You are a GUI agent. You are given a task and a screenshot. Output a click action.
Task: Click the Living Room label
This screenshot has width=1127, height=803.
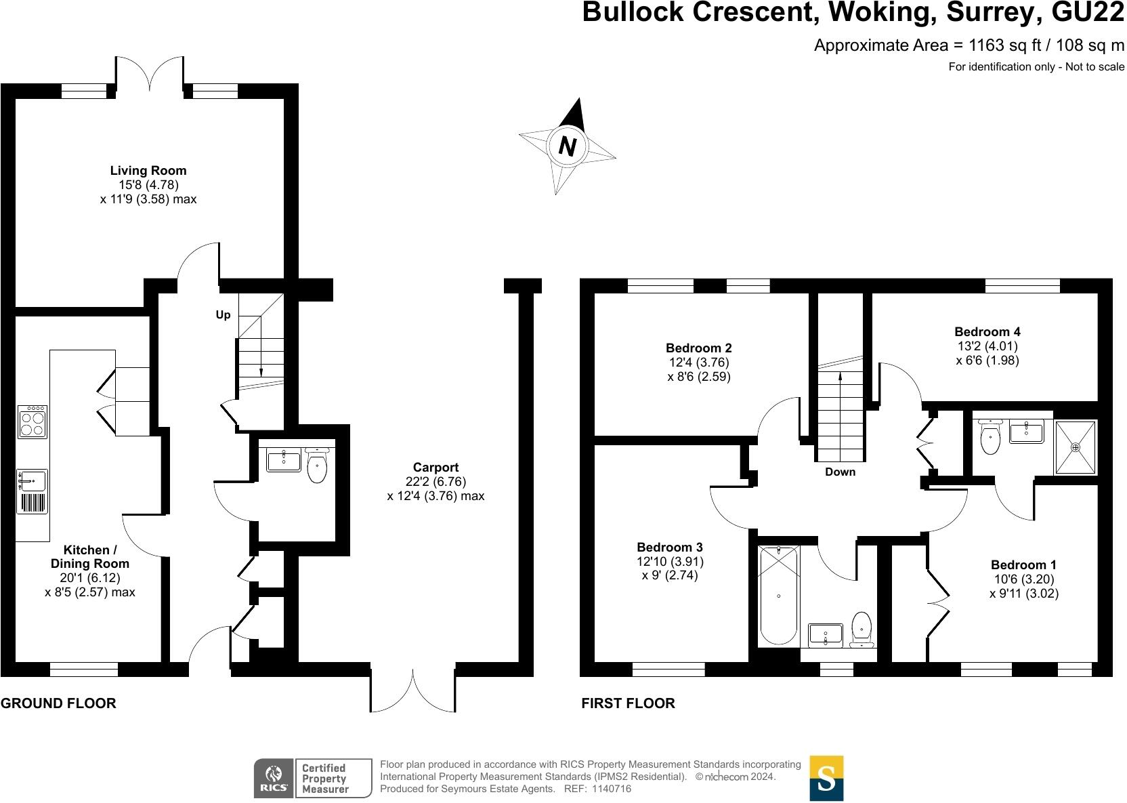pos(148,171)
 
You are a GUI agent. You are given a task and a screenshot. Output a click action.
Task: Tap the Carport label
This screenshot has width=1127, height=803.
pos(435,467)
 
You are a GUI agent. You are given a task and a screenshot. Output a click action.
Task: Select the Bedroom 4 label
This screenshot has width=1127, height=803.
pos(987,332)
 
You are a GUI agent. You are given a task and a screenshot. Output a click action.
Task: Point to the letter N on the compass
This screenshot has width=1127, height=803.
pos(568,146)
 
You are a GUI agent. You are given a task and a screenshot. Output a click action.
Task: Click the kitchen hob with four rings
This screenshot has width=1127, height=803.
pos(33,422)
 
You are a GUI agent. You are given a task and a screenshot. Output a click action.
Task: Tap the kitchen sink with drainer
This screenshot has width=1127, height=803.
pos(33,491)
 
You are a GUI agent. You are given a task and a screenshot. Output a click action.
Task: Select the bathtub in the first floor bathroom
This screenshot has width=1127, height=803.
pos(778,595)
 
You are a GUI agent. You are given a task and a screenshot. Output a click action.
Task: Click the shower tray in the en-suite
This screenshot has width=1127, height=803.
pos(1075,447)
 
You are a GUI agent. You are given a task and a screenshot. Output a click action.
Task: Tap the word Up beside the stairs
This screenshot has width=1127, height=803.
pos(223,314)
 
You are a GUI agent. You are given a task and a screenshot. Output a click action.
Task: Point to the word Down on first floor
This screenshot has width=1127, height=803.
pos(841,472)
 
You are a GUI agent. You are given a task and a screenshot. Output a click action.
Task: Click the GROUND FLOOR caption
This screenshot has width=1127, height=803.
pos(58,703)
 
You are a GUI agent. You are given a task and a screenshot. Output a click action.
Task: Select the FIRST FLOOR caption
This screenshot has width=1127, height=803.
pos(628,703)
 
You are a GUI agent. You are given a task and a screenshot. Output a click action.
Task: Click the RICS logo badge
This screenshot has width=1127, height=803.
pos(274,779)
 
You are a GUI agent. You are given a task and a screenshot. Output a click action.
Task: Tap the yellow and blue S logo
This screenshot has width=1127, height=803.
pos(826,779)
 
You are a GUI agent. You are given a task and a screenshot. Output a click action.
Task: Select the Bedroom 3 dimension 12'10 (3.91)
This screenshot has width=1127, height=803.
pos(670,561)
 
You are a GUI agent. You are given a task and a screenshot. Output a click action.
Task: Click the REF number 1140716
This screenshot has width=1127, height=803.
pos(612,789)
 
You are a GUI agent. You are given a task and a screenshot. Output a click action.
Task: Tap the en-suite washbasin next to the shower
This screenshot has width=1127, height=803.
pos(1026,431)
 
